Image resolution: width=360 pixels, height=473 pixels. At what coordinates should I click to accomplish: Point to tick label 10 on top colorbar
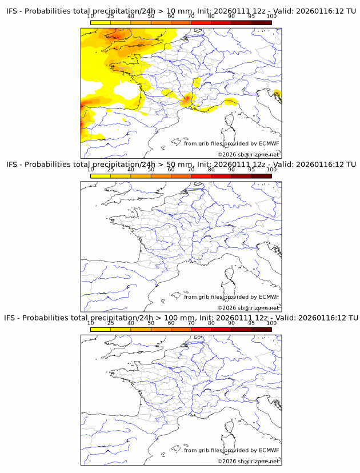coord(91,17)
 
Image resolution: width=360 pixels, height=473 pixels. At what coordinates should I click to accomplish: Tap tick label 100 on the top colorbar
coord(271,17)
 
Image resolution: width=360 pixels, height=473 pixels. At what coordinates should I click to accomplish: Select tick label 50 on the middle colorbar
coord(151,170)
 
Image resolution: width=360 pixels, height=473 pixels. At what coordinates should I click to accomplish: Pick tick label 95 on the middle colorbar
coord(251,170)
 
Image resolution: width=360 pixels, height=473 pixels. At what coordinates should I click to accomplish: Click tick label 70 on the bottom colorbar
coord(191,323)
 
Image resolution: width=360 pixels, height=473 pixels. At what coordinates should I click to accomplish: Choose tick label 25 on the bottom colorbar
coord(111,323)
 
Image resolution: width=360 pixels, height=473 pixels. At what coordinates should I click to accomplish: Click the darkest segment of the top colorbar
coord(261,23)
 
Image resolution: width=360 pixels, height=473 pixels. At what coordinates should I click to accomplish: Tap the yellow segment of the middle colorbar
coord(101,176)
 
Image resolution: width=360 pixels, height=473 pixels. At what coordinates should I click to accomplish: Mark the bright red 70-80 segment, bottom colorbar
coord(201,329)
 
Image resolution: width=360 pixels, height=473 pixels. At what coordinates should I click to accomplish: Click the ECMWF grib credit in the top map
coord(231,143)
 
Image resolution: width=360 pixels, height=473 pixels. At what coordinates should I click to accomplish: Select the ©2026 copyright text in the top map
coord(248,154)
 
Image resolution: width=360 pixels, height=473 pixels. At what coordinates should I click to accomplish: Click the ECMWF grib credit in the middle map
coord(231,296)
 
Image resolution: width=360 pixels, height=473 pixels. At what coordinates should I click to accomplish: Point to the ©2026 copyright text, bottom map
coord(248,460)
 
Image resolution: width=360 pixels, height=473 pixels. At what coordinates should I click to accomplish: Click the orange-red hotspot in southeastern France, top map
coord(186,101)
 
